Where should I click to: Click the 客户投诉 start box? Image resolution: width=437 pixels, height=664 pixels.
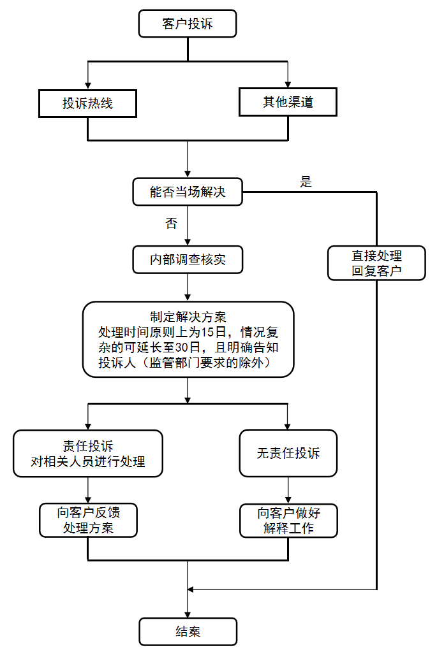188,25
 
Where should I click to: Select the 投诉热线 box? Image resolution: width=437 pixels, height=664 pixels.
87,103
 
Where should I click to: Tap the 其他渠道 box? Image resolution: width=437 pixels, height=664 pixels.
288,102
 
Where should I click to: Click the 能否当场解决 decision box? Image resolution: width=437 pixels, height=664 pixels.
188,192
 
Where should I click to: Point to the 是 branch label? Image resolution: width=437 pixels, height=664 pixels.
306,182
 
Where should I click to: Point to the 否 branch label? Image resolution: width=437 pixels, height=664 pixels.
171,223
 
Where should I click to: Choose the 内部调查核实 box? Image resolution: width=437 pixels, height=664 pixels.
188,260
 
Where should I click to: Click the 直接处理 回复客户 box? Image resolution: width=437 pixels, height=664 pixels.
376,263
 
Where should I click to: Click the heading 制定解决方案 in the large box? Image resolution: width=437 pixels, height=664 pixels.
188,316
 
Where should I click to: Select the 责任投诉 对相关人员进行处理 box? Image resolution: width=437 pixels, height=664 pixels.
87,453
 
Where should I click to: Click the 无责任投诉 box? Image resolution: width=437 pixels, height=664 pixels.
288,453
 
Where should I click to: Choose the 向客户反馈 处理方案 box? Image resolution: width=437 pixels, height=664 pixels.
87,520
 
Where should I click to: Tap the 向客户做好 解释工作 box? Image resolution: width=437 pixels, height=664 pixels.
288,520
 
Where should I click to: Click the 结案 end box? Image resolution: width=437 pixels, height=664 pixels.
188,632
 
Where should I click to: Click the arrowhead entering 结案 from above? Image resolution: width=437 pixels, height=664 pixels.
188,614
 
